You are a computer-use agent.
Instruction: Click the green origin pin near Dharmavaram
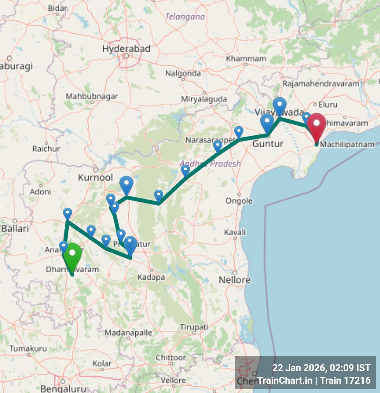pyautogui.click(x=72, y=255)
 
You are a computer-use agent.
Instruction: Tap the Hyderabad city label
pyautogui.click(x=126, y=48)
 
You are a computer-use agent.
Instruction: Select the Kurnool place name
pyautogui.click(x=95, y=177)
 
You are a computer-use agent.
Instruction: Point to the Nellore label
pyautogui.click(x=234, y=280)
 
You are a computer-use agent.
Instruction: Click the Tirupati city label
pyautogui.click(x=194, y=327)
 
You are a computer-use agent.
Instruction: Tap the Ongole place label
pyautogui.click(x=239, y=201)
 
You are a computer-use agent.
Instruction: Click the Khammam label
pyautogui.click(x=246, y=58)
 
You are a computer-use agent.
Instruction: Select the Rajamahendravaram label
pyautogui.click(x=321, y=84)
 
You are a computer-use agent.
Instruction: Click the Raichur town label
pyautogui.click(x=46, y=149)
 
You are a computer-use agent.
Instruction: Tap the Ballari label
pyautogui.click(x=15, y=229)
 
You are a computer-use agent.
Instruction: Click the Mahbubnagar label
pyautogui.click(x=92, y=96)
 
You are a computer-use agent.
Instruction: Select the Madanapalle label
pyautogui.click(x=128, y=332)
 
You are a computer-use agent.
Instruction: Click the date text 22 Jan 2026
pyautogui.click(x=299, y=368)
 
